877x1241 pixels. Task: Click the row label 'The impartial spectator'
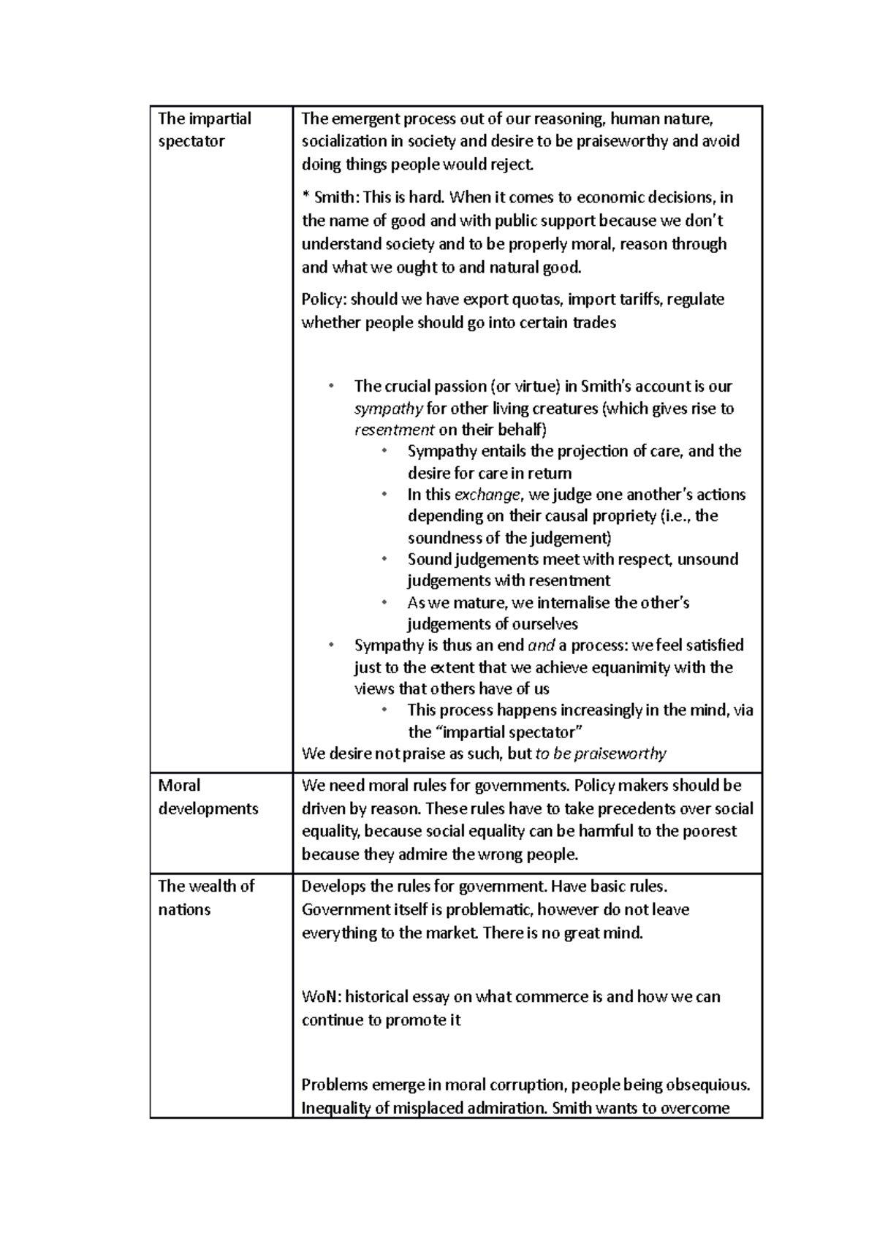tap(204, 129)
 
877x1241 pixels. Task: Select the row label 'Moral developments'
tap(208, 797)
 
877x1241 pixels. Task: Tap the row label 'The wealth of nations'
tap(205, 897)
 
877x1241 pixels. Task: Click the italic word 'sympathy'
tap(388, 408)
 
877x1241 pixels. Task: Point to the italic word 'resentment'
tap(395, 430)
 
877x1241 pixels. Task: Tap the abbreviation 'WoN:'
tap(321, 997)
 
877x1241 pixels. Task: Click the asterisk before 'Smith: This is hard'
tap(305, 198)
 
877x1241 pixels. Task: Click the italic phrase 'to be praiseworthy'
tap(601, 754)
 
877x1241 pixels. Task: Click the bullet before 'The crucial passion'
tap(330, 386)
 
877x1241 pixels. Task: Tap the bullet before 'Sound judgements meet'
tap(384, 560)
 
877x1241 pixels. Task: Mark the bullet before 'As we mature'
tap(384, 603)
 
